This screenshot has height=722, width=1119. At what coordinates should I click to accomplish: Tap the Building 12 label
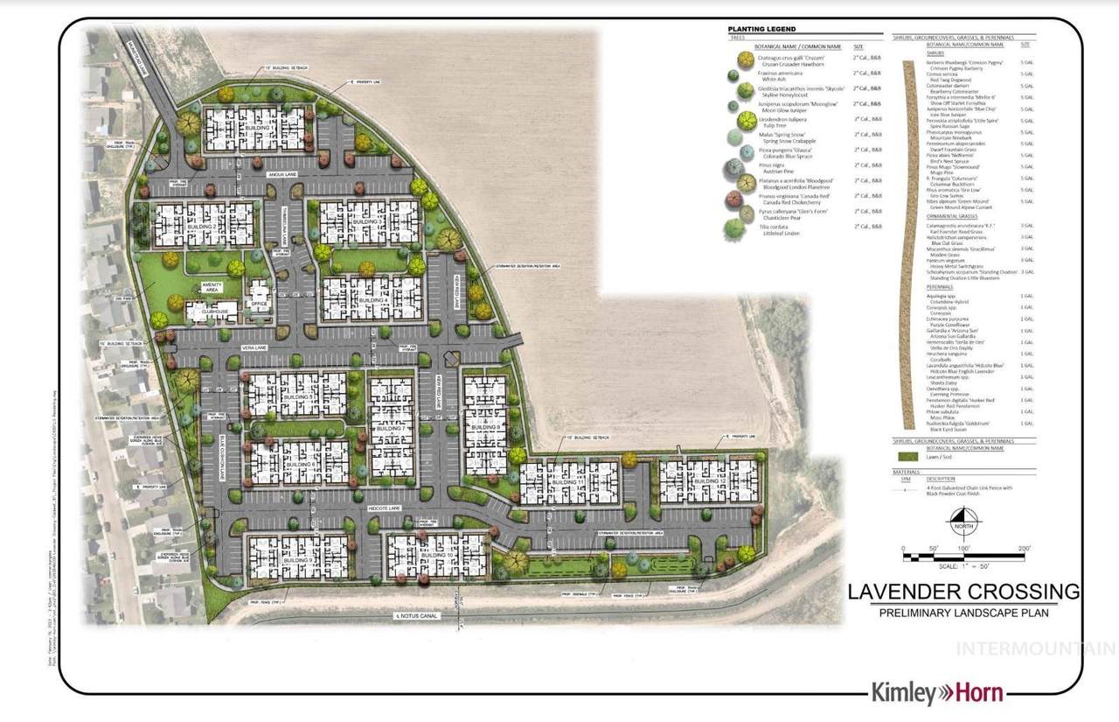point(710,482)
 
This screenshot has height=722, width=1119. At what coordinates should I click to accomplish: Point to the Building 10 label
point(437,556)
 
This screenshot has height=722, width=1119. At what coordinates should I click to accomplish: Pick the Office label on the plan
point(259,305)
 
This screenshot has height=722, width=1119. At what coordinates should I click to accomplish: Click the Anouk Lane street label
point(281,174)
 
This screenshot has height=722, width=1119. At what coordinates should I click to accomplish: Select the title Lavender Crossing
point(963,591)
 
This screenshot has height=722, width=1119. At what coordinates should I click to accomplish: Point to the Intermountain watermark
point(1037,649)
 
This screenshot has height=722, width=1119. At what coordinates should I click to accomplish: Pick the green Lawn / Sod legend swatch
point(910,456)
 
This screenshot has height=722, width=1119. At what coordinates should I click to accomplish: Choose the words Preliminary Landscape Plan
point(963,613)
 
